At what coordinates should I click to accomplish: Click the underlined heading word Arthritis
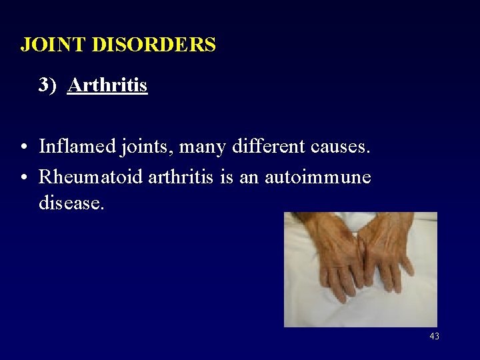click(x=107, y=85)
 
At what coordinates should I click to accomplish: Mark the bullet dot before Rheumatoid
click(x=23, y=178)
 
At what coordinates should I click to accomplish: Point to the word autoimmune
click(x=318, y=177)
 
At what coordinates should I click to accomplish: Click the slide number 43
click(x=434, y=337)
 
